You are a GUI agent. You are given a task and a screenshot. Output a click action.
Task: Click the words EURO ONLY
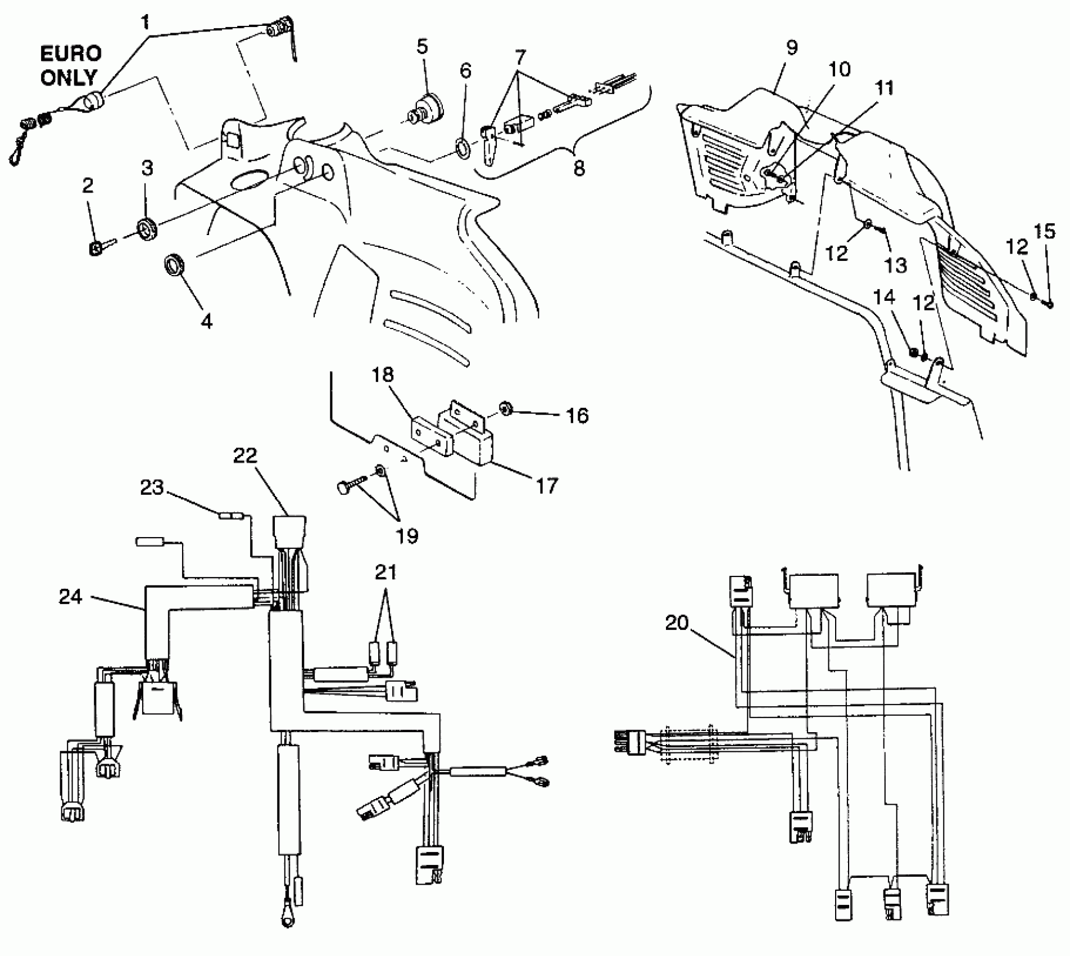(x=70, y=65)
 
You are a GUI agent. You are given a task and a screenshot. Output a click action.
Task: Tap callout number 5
(x=423, y=47)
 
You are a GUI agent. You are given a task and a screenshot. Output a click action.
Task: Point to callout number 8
(x=579, y=168)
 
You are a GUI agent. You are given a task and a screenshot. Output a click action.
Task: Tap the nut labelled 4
(x=174, y=265)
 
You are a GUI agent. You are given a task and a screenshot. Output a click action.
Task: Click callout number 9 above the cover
(x=791, y=48)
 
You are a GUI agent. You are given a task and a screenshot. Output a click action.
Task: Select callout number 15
(x=1045, y=232)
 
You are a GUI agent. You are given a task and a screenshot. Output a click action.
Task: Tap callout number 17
(x=547, y=485)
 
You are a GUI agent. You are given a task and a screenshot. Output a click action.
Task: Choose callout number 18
(x=383, y=375)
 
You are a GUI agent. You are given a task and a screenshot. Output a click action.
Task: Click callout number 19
(x=407, y=536)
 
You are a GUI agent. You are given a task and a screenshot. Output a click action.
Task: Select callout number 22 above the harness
(x=245, y=456)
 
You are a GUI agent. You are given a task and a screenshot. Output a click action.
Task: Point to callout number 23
(x=152, y=488)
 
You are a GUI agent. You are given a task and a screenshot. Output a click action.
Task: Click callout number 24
(x=71, y=597)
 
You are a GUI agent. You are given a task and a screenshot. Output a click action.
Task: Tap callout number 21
(x=386, y=572)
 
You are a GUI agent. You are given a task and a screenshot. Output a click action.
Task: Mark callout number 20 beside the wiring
(x=677, y=623)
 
